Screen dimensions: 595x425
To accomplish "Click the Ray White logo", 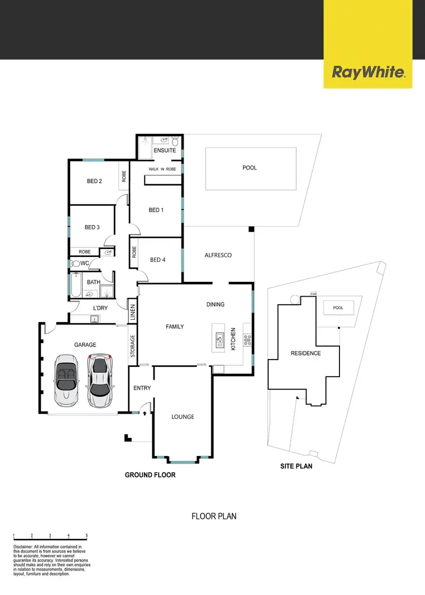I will [x=368, y=73].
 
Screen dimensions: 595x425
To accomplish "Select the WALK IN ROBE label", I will [x=162, y=169].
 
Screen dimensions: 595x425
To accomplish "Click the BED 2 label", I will [x=94, y=182].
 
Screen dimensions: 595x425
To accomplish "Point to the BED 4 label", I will [x=158, y=260].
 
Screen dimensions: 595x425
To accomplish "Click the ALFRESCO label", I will [x=218, y=255].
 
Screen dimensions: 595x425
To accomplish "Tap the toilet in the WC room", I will [x=75, y=264].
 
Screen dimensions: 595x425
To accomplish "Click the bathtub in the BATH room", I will [x=75, y=286].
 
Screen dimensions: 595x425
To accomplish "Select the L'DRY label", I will [x=100, y=308].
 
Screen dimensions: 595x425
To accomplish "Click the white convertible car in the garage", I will [x=66, y=379].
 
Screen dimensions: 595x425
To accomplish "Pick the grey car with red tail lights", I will [x=100, y=377].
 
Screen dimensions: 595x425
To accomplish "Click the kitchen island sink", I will [x=219, y=340].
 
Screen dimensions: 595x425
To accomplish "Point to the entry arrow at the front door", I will [x=146, y=413].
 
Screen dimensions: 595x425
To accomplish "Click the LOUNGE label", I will [x=183, y=416].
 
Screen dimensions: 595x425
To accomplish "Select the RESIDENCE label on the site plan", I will [x=306, y=353].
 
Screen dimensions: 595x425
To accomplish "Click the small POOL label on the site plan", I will [x=338, y=308].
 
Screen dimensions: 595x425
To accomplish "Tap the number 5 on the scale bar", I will [x=87, y=535].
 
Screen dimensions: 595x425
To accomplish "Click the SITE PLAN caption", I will [x=296, y=467].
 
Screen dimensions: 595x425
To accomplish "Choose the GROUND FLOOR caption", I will [x=150, y=475].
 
